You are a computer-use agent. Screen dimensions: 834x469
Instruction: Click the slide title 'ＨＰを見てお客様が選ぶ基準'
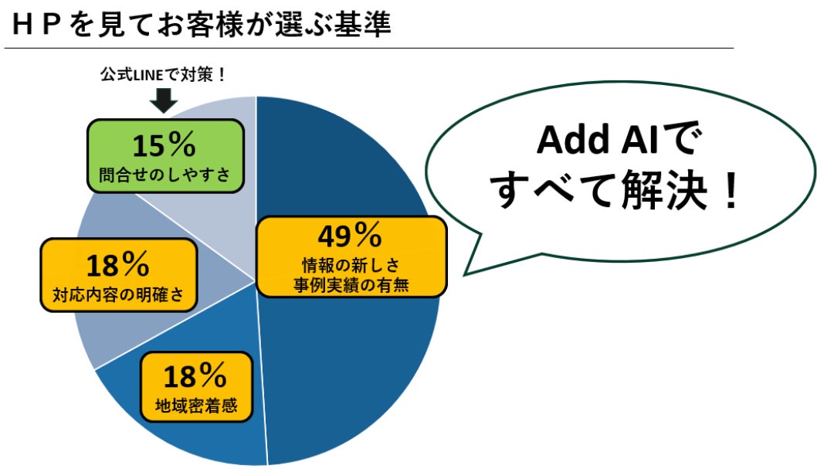pyautogui.click(x=202, y=25)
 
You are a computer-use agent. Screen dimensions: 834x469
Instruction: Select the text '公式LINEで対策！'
pyautogui.click(x=164, y=75)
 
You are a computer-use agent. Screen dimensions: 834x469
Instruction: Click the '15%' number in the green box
pyautogui.click(x=164, y=144)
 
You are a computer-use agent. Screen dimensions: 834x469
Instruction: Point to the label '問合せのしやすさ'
pyautogui.click(x=165, y=175)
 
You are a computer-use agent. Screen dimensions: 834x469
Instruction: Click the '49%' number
pyautogui.click(x=350, y=236)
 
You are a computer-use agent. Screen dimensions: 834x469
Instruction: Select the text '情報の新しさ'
pyautogui.click(x=351, y=264)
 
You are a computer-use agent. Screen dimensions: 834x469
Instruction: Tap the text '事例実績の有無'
pyautogui.click(x=351, y=285)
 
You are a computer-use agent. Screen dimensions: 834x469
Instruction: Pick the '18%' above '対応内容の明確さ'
pyautogui.click(x=117, y=265)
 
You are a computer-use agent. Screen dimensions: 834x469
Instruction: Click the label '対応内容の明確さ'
pyautogui.click(x=118, y=294)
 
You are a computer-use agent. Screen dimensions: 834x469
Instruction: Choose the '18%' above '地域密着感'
pyautogui.click(x=195, y=376)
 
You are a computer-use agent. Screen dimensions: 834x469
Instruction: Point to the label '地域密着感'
pyautogui.click(x=195, y=406)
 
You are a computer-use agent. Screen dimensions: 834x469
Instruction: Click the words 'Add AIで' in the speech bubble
pyautogui.click(x=619, y=140)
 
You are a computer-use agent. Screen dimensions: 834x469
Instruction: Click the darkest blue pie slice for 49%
pyautogui.click(x=361, y=346)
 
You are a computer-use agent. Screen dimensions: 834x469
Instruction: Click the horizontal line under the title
pyautogui.click(x=368, y=49)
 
